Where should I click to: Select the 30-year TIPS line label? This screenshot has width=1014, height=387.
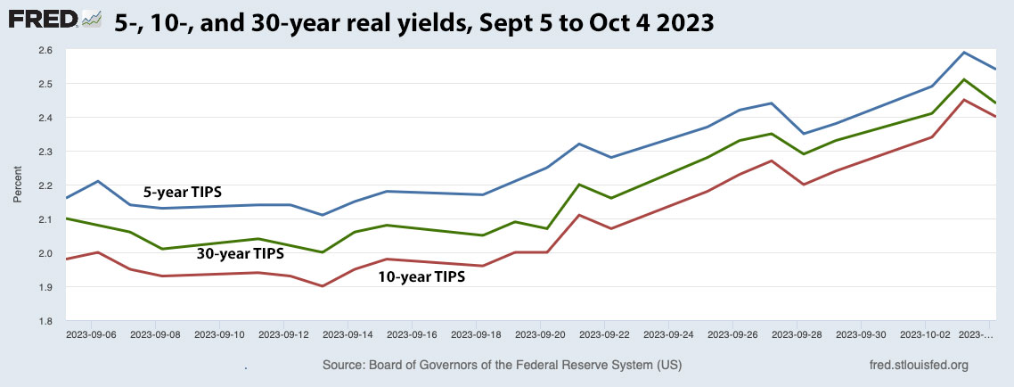[241, 254]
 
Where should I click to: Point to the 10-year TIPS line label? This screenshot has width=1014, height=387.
[421, 276]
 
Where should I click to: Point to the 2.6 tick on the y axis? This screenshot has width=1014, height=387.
[45, 50]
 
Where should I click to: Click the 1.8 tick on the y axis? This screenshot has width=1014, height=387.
[45, 321]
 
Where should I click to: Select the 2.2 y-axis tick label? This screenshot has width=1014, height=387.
[45, 185]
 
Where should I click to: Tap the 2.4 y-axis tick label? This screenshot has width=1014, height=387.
[45, 118]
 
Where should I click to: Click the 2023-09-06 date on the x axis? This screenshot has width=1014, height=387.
[92, 335]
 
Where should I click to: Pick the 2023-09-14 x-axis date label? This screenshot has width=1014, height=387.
[348, 335]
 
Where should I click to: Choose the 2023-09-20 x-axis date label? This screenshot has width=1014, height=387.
[541, 335]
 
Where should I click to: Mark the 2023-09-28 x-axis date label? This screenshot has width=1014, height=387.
[797, 335]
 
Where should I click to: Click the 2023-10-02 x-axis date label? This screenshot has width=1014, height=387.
[926, 335]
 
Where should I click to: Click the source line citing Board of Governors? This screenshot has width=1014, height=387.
[503, 366]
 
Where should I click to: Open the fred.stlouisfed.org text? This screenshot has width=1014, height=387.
[918, 366]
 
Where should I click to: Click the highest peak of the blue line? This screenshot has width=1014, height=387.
[964, 52]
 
